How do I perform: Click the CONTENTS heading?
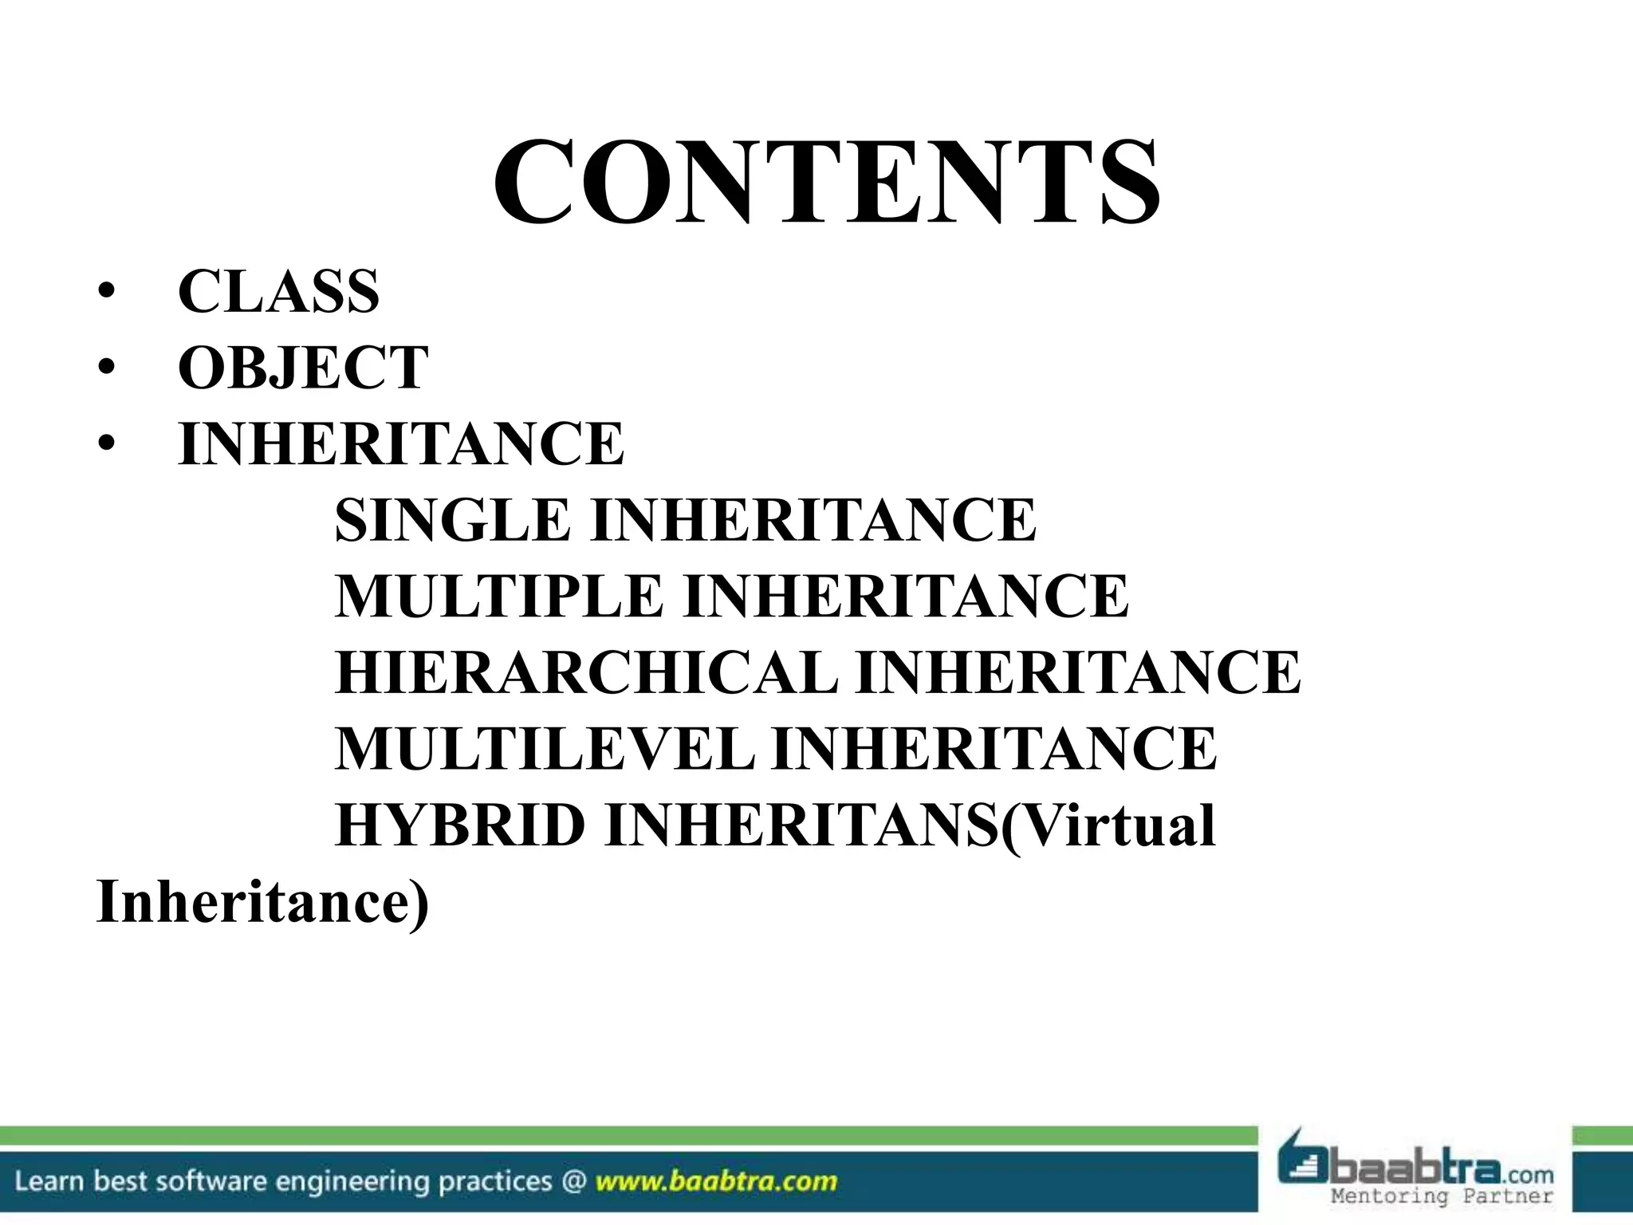click(x=826, y=183)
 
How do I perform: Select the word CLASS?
click(x=278, y=292)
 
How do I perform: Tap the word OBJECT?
click(x=303, y=368)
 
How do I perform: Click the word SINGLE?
click(x=452, y=520)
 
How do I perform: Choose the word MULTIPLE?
click(x=498, y=596)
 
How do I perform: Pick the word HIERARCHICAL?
click(x=586, y=672)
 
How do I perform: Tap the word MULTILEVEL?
click(x=544, y=749)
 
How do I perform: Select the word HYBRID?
click(x=460, y=825)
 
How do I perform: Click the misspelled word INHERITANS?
click(x=801, y=825)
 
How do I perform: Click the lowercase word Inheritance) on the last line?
click(x=262, y=902)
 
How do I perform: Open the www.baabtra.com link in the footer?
click(x=716, y=1180)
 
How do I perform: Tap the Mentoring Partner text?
click(x=1442, y=1195)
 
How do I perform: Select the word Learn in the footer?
click(x=49, y=1180)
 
